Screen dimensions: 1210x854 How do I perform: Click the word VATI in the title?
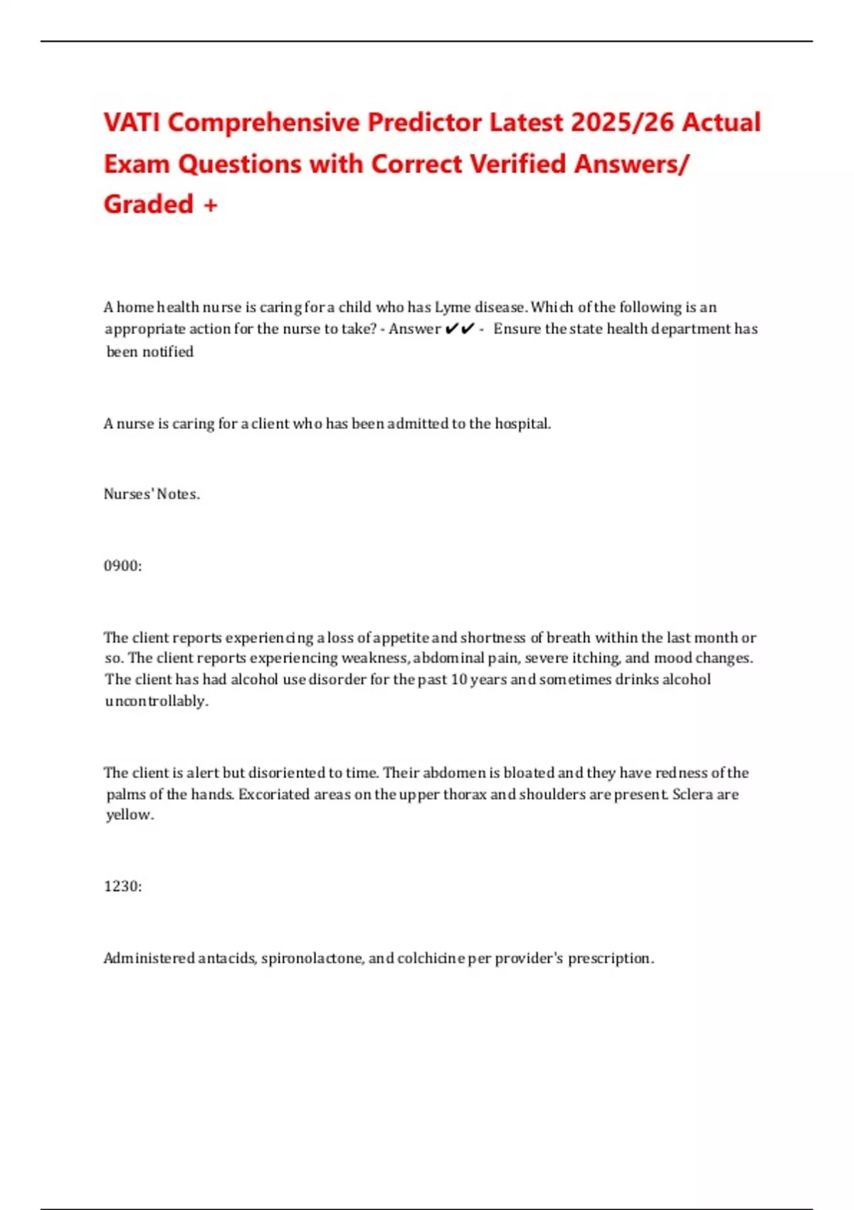[x=132, y=122]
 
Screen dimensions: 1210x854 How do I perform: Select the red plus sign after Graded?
[x=210, y=205]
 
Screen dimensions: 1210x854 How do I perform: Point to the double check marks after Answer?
[x=459, y=329]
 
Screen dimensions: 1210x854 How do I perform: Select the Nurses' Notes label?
[x=152, y=494]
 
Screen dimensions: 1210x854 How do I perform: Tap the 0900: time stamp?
[x=122, y=566]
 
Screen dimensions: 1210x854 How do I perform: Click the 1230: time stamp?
[x=122, y=886]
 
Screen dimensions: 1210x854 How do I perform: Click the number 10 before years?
[x=459, y=679]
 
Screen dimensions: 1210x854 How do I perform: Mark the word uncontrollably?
[x=157, y=701]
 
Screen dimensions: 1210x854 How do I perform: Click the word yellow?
[x=129, y=815]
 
